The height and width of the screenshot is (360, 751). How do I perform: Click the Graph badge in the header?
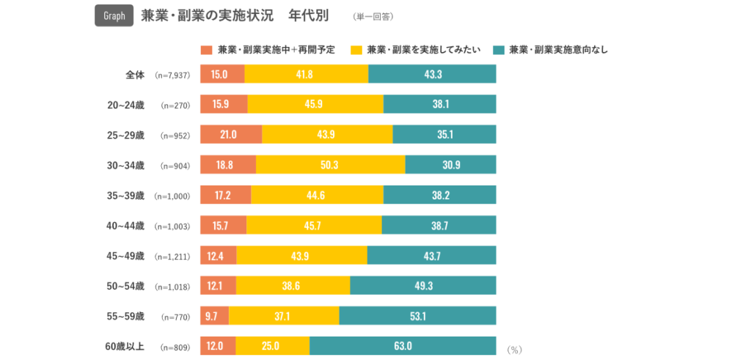click(x=114, y=16)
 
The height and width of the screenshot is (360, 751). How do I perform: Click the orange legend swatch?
click(x=206, y=50)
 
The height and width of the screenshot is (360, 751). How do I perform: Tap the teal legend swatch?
click(x=499, y=50)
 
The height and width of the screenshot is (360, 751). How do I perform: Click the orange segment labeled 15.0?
click(x=221, y=74)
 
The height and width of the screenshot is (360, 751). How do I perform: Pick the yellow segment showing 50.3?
click(x=330, y=165)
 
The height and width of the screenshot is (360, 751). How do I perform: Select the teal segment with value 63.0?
click(x=403, y=346)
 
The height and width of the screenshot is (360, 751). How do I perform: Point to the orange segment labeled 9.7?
click(x=214, y=316)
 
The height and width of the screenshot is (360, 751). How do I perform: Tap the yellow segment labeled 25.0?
click(x=272, y=346)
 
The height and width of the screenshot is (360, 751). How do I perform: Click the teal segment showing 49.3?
click(x=423, y=285)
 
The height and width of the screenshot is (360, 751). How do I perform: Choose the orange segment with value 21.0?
click(x=230, y=134)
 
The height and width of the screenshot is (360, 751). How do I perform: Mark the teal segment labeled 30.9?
click(x=450, y=165)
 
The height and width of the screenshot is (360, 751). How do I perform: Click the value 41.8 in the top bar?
click(x=306, y=74)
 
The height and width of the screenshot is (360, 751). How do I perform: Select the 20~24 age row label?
click(x=125, y=105)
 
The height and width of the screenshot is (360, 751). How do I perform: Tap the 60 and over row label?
click(x=125, y=346)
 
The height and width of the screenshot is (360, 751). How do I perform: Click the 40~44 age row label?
click(x=125, y=226)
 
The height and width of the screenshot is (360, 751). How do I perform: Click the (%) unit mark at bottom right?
click(x=514, y=350)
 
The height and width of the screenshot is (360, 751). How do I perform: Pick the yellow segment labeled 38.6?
click(x=293, y=285)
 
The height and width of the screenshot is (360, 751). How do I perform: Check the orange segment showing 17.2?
click(x=225, y=195)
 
